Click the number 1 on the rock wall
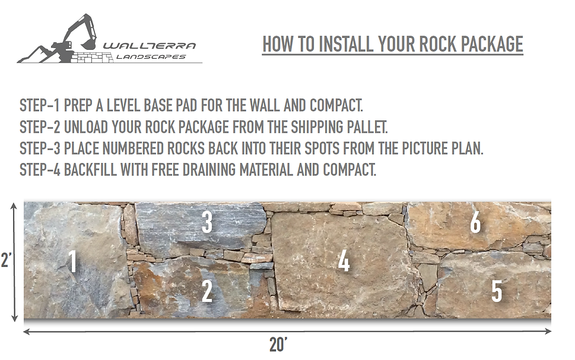point(74,262)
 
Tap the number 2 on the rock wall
point(207,291)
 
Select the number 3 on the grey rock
point(207,222)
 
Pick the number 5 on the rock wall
point(497,291)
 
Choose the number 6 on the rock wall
point(476,222)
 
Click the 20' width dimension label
point(278,345)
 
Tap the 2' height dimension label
point(7,260)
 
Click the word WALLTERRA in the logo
point(150,46)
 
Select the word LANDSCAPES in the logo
point(151,57)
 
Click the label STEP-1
point(39,106)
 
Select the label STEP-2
point(40,127)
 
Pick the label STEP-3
point(40,148)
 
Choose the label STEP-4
point(40,170)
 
